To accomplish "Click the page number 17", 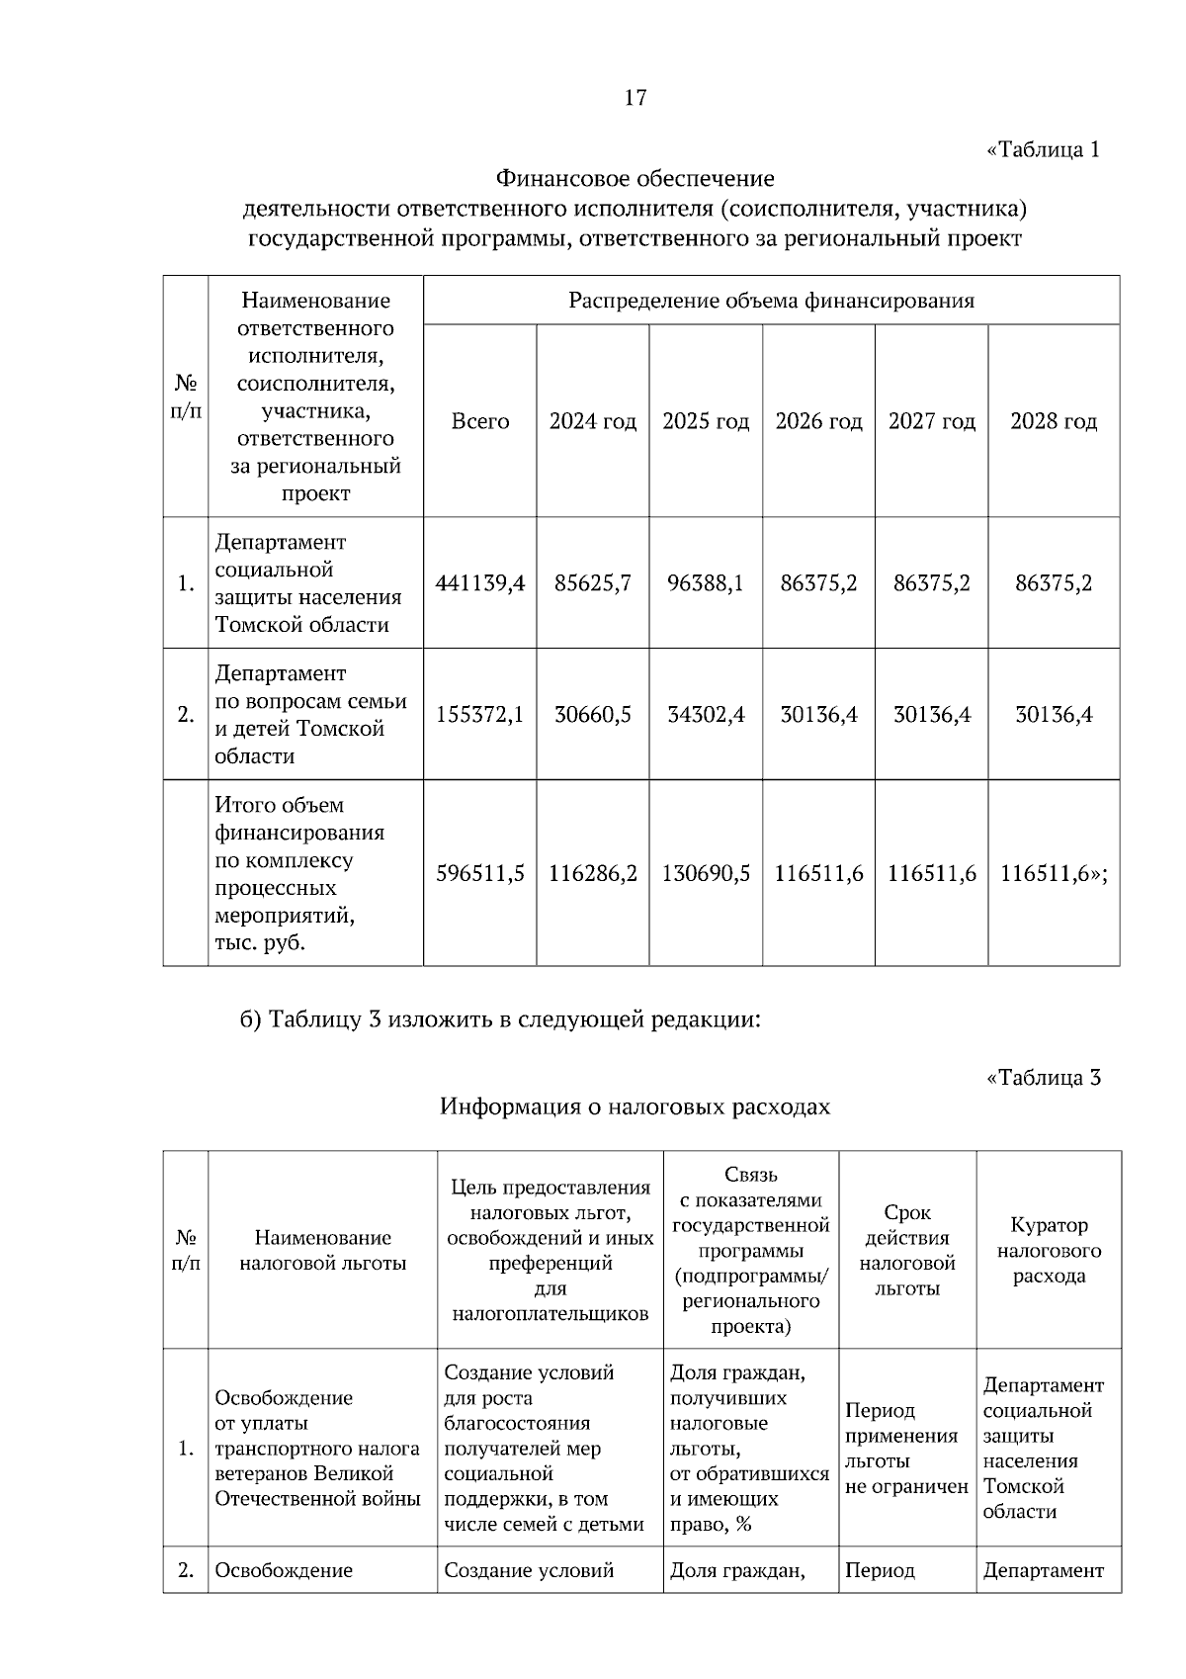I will (635, 97).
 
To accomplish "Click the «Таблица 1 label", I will (1043, 150).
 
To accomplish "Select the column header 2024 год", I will (593, 421).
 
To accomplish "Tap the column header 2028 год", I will (1054, 421).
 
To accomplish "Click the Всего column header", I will (480, 421).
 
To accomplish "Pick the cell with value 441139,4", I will (480, 583).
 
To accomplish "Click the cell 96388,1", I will (706, 583).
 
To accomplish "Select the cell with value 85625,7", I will (593, 583).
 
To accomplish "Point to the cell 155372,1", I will (480, 714).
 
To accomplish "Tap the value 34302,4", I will (706, 714).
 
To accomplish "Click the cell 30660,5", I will (593, 714).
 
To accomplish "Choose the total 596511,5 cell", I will (480, 874).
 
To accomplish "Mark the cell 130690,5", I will (706, 874).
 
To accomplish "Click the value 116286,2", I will (593, 874).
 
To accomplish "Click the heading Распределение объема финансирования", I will (771, 301).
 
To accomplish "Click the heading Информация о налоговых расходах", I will (635, 1106).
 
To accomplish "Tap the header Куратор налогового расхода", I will (1049, 1250).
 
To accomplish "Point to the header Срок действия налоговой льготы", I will (907, 1250).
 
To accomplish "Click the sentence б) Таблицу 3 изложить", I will (500, 1019).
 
